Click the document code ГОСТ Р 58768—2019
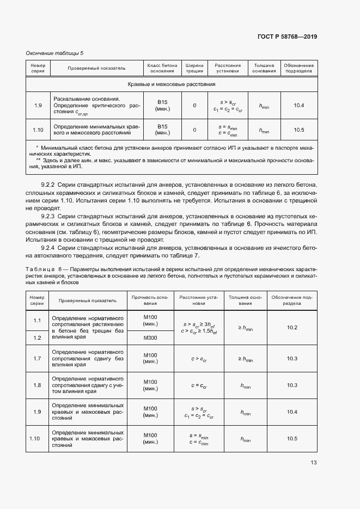click(286, 36)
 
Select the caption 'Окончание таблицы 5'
click(54, 53)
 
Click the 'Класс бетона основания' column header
click(162, 68)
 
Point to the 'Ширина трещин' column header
click(194, 68)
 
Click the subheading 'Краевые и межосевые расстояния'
click(172, 84)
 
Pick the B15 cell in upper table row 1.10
click(162, 130)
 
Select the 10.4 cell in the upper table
click(298, 105)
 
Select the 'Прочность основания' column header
click(150, 301)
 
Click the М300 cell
click(150, 338)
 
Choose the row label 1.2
click(37, 338)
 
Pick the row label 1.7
click(37, 358)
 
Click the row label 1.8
click(37, 385)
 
